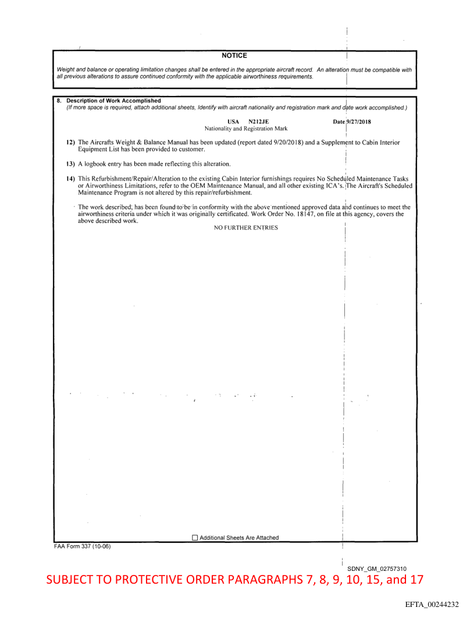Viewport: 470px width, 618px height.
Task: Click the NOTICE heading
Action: coord(234,56)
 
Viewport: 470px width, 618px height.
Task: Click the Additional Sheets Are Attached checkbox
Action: coord(195,538)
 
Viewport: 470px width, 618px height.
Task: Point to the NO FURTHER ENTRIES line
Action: coord(245,228)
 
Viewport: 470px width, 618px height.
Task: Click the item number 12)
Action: coord(71,142)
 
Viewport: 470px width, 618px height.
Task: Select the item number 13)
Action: coord(71,163)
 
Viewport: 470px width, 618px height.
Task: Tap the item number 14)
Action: coord(71,178)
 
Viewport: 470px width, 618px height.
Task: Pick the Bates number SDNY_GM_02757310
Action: coord(377,569)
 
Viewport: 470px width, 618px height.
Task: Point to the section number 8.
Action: coord(59,101)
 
